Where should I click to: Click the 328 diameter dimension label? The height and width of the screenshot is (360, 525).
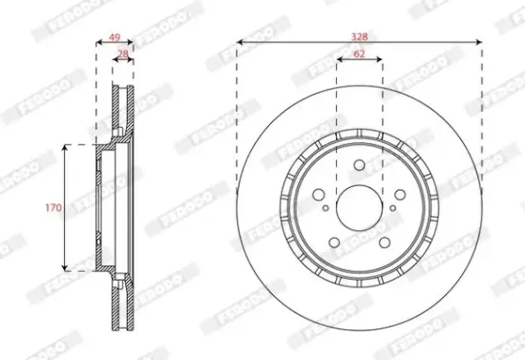tap(359, 35)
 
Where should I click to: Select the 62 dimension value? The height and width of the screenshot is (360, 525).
tap(359, 54)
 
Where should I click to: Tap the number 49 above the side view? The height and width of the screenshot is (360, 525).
tap(115, 38)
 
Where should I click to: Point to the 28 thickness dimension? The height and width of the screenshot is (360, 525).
tap(122, 54)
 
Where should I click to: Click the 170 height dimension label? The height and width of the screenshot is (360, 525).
tap(54, 206)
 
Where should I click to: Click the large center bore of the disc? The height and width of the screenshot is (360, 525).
tap(359, 204)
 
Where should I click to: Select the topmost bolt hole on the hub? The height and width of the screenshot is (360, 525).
tap(359, 167)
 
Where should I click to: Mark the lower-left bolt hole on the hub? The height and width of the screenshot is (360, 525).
tap(337, 235)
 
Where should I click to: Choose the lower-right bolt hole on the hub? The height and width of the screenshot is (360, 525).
tap(381, 235)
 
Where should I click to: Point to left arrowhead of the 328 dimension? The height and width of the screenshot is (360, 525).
tap(240, 43)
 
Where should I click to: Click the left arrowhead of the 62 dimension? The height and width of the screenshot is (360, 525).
tap(338, 62)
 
